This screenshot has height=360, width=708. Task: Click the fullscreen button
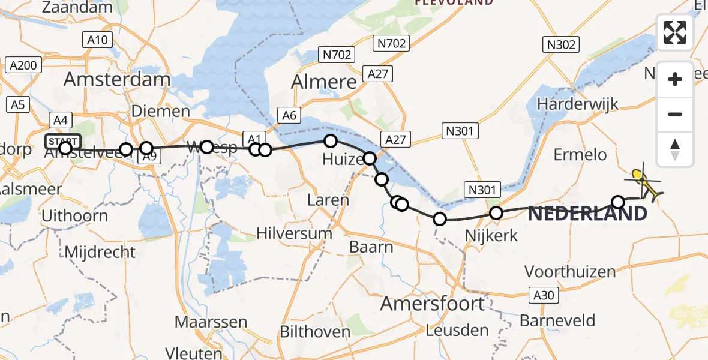coord(675,32)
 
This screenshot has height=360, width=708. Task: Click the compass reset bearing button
coord(675,149)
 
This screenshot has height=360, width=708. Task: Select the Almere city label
coord(324,82)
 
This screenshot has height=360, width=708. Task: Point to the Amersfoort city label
coord(433,303)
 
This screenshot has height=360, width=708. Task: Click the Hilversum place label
coord(295,233)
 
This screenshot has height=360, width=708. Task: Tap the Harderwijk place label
coord(578,104)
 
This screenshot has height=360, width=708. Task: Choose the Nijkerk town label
coord(491,235)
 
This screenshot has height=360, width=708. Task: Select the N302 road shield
coord(561,44)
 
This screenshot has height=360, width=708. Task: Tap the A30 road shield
coord(545,295)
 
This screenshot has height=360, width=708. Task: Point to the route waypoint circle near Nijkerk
coord(496,213)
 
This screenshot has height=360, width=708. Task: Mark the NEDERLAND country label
coord(588,213)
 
